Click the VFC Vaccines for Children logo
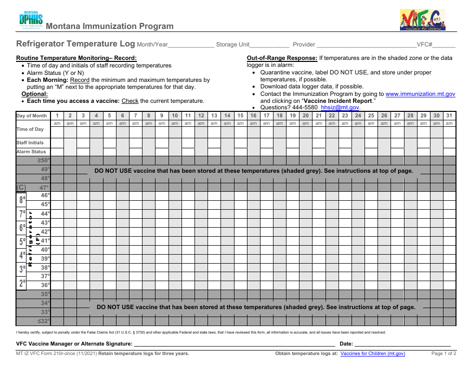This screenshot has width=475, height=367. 422,20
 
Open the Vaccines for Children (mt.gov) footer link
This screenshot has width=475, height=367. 372,354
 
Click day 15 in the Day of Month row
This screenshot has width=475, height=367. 240,116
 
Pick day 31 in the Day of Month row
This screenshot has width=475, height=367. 448,116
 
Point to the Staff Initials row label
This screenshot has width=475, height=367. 30,143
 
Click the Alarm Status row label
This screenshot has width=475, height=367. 31,152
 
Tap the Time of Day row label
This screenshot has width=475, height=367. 30,129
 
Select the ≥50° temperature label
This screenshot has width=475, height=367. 44,160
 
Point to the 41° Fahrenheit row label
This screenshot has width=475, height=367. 45,241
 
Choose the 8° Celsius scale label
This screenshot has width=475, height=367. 22,200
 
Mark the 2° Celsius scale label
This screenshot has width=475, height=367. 22,283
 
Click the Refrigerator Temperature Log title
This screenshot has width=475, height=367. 75,44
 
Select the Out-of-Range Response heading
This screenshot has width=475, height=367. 282,58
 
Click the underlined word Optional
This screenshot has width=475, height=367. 34,94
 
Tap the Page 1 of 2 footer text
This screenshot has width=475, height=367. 443,354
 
